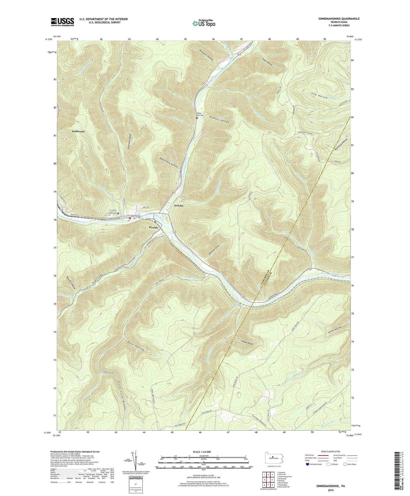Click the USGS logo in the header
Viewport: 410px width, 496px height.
click(x=62, y=22)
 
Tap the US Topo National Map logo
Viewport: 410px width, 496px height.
click(x=204, y=24)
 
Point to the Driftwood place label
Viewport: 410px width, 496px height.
click(x=78, y=131)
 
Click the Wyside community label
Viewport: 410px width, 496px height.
click(x=153, y=227)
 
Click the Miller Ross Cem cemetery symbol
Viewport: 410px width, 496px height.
click(x=197, y=118)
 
